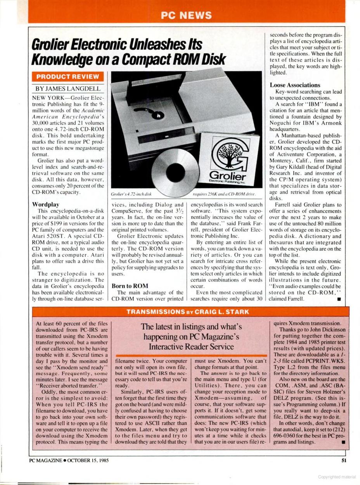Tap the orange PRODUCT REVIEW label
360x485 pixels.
click(x=67, y=76)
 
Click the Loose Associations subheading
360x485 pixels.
click(x=295, y=85)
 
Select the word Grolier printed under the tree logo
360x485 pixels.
click(x=232, y=174)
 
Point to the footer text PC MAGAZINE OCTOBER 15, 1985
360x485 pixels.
click(x=69, y=461)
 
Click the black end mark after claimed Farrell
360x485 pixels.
click(x=339, y=299)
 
